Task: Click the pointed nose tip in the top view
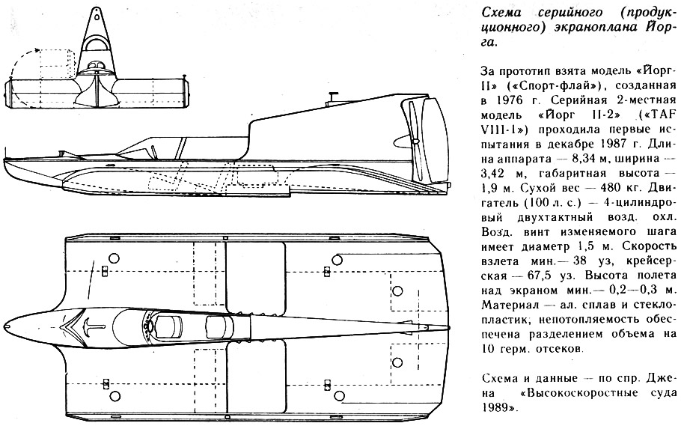pos(6,326)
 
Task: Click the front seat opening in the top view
pos(170,326)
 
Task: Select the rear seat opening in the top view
pos(218,326)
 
